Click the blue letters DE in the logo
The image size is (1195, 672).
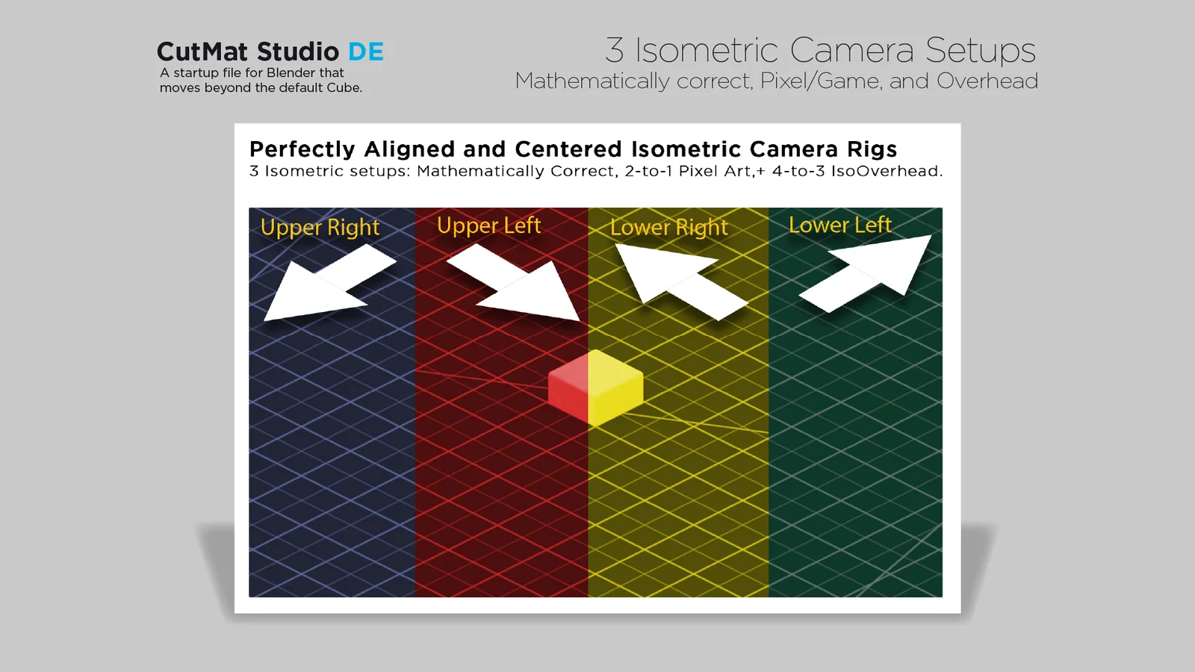tap(366, 52)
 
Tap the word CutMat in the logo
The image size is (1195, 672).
tap(202, 52)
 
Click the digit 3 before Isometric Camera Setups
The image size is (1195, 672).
tap(614, 51)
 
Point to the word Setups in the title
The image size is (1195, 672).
tap(980, 51)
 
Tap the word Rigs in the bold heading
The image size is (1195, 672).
tap(872, 149)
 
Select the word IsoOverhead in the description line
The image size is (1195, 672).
tap(885, 171)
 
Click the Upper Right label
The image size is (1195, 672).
tap(320, 227)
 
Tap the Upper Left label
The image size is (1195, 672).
tap(488, 225)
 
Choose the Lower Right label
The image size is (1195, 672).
tap(668, 227)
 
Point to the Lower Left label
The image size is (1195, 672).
tap(839, 225)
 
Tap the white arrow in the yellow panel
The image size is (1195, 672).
tap(676, 280)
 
